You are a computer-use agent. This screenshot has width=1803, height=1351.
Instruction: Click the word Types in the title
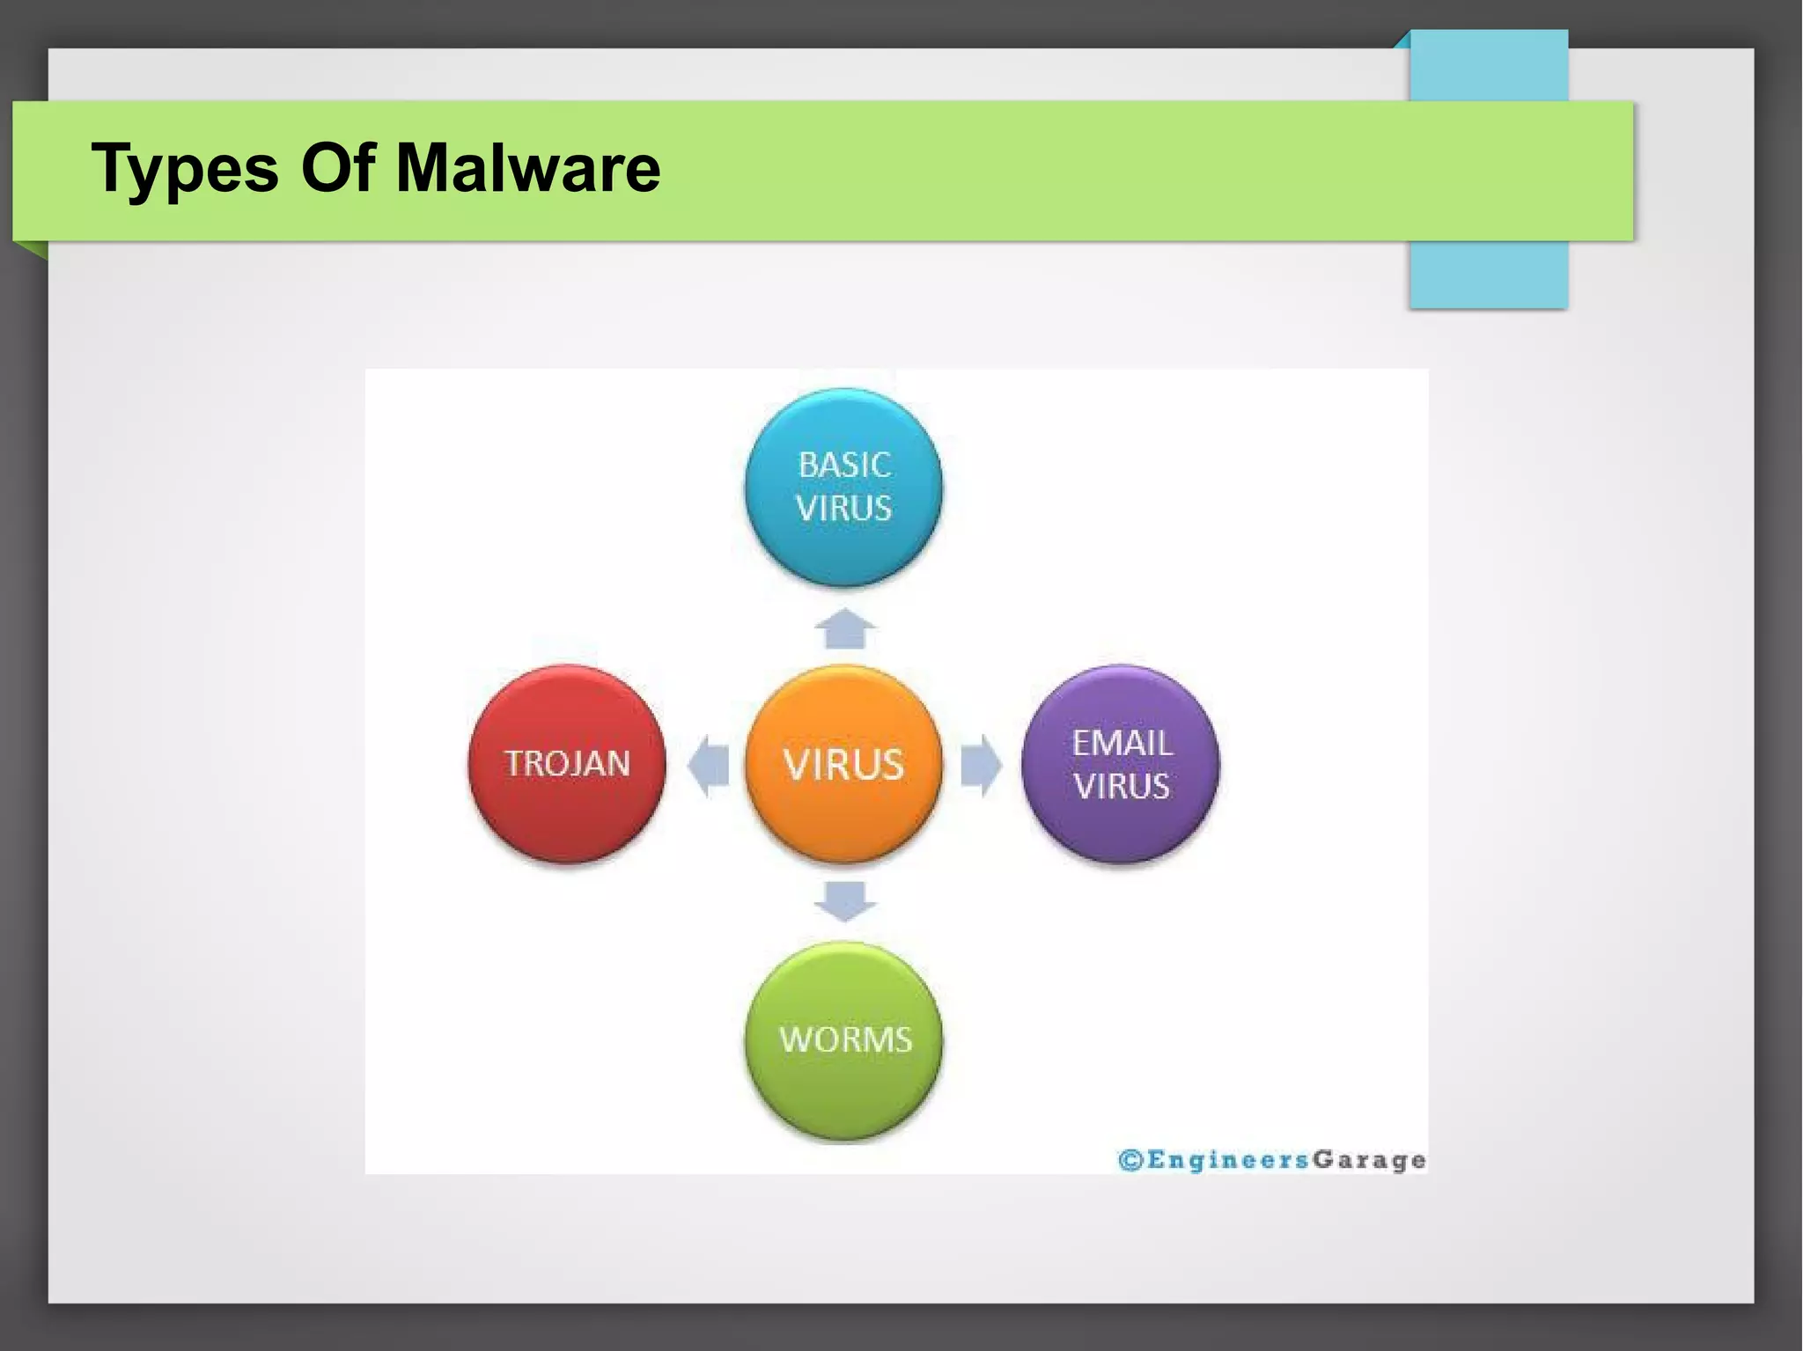(x=184, y=169)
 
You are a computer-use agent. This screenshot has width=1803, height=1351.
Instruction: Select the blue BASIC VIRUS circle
(x=843, y=487)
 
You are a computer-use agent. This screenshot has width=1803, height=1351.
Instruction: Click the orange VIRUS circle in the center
(x=843, y=763)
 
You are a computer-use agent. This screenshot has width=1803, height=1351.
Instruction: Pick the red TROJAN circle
(x=567, y=763)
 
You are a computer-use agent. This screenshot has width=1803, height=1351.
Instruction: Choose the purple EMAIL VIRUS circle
(x=1121, y=763)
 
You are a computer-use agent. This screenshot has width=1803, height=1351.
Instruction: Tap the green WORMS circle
(x=843, y=1040)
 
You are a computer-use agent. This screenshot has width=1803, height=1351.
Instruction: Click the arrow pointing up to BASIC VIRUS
(x=844, y=628)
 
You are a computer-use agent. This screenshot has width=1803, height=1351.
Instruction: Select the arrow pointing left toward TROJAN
(x=709, y=764)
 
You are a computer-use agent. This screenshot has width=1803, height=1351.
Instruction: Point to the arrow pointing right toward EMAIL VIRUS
(x=980, y=764)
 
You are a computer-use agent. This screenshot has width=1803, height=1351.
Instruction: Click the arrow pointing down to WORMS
(x=844, y=900)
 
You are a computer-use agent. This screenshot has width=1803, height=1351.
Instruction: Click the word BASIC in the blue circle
(x=844, y=465)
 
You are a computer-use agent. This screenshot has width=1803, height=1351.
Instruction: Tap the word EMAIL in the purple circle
(x=1122, y=743)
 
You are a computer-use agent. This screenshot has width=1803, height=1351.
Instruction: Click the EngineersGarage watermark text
(x=1272, y=1160)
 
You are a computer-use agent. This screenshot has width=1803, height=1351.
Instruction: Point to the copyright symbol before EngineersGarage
(x=1130, y=1160)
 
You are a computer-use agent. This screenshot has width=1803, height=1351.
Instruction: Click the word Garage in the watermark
(x=1369, y=1160)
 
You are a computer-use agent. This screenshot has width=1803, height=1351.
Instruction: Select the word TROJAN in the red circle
(x=567, y=763)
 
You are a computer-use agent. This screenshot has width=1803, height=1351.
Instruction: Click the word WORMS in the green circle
(x=845, y=1040)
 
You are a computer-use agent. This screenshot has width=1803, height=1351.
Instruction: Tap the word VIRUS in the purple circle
(x=1122, y=786)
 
